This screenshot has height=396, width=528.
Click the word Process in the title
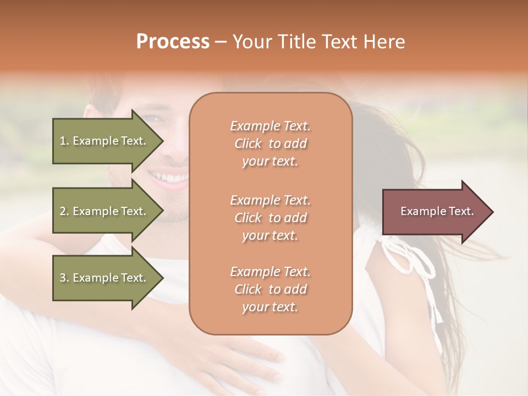point(173,42)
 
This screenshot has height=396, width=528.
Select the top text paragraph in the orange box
point(270,144)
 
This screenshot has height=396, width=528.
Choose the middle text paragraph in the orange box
point(270,218)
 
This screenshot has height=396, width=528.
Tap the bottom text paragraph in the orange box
point(270,289)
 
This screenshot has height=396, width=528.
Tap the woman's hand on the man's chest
point(248,358)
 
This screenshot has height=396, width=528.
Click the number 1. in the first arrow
point(64,141)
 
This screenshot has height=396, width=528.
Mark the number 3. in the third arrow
point(64,278)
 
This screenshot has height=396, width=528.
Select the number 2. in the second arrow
point(64,211)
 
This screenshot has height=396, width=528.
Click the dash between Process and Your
point(221,42)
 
